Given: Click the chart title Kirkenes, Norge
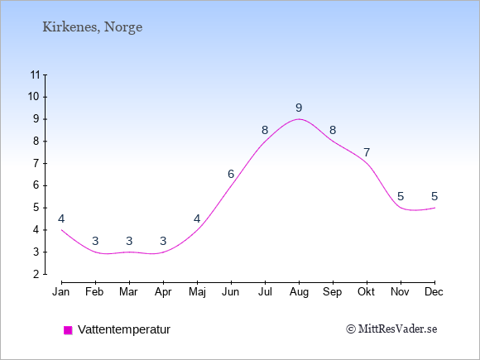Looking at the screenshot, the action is click(x=92, y=27).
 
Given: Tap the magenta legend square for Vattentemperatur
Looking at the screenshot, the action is click(x=68, y=330).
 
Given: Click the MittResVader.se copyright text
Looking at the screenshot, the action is click(x=391, y=329).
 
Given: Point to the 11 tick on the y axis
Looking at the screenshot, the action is click(x=35, y=74).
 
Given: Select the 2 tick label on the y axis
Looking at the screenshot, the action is click(x=36, y=274).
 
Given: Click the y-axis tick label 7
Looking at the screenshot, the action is click(x=36, y=164).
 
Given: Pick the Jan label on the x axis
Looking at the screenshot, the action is click(x=61, y=292).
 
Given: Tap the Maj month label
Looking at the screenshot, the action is click(x=197, y=292).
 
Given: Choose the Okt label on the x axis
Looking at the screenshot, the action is click(x=367, y=292).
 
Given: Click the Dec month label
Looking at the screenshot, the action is click(x=434, y=292).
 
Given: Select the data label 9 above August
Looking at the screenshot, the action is click(x=299, y=108).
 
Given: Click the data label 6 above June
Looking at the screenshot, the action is click(x=231, y=174).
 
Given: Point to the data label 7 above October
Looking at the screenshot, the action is click(x=367, y=152).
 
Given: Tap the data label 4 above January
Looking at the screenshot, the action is click(x=61, y=218).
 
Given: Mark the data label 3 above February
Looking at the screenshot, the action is click(x=95, y=241).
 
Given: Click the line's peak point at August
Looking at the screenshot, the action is click(x=299, y=119).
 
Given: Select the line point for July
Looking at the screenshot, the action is click(x=265, y=142).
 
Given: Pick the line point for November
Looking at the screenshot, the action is click(x=401, y=208).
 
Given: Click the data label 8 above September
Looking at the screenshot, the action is click(x=333, y=131).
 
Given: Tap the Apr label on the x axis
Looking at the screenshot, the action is click(x=163, y=292).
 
